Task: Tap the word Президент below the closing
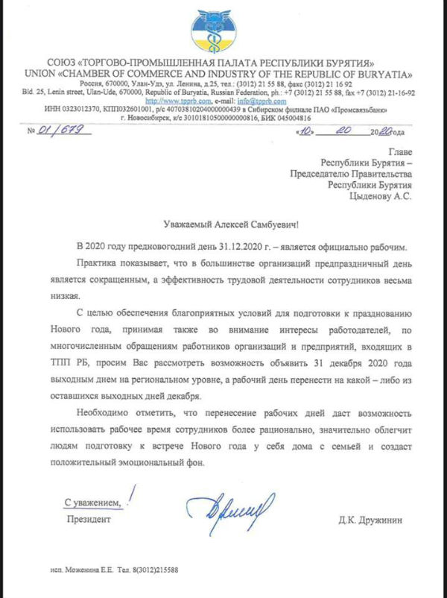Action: (x=89, y=517)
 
